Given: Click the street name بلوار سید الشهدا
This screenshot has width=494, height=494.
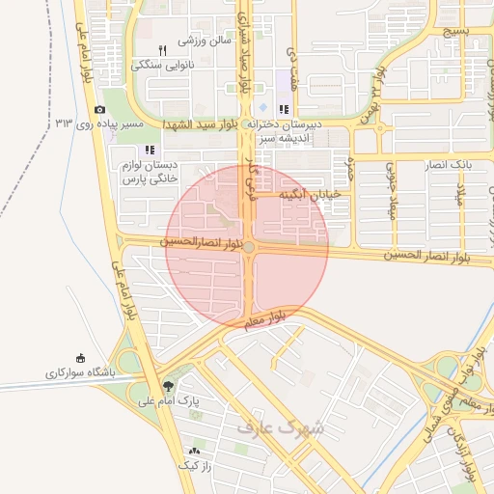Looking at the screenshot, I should [204, 125].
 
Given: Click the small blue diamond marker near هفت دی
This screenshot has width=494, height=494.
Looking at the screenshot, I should [262, 107].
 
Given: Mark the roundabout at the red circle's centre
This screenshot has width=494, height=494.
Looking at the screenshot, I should [248, 248].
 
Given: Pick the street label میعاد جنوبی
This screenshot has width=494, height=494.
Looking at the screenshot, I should [391, 182].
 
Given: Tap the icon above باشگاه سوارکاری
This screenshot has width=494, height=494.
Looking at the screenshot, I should [79, 357].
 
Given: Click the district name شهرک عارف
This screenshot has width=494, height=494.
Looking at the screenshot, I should [280, 425].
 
